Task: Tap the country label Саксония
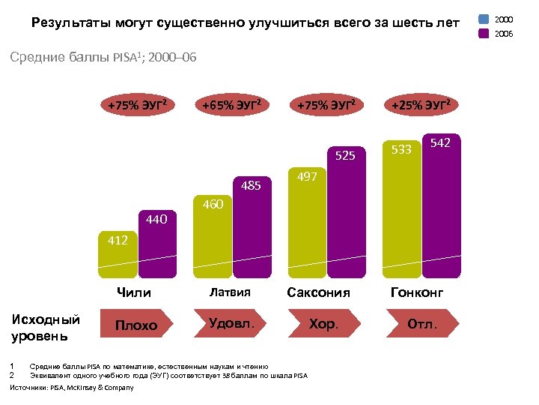(x=319, y=292)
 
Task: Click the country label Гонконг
(x=418, y=292)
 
